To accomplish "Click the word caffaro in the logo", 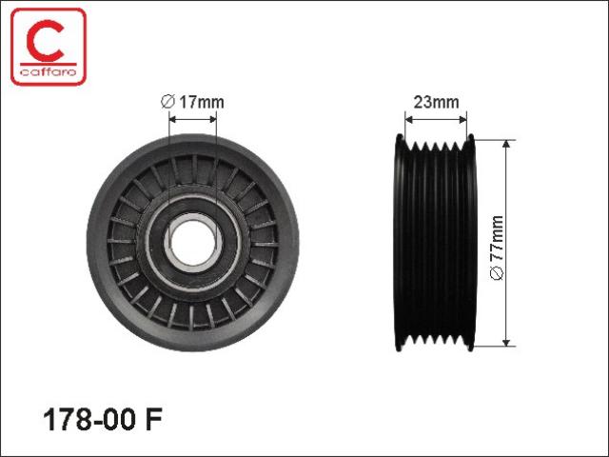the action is [x=49, y=72].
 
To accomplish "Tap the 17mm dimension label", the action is [x=201, y=102].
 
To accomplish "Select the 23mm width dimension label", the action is [x=436, y=102].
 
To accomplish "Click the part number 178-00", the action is [x=89, y=420].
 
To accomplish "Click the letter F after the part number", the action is [x=153, y=420].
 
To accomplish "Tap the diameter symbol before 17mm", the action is [x=167, y=102].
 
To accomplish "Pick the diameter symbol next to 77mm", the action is [x=497, y=273].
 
